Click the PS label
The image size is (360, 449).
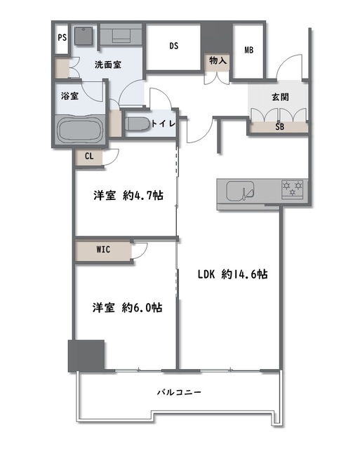point(62,37)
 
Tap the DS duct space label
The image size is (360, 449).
point(174,46)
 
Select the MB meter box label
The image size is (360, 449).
point(249,50)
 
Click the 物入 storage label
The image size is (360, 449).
point(218,61)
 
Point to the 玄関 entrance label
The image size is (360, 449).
point(280,98)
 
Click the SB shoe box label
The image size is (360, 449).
point(279,127)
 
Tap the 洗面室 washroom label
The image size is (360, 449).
point(108,65)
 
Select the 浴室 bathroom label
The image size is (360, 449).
point(69,95)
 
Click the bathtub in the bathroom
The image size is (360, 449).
point(79,129)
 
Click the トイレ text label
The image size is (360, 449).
point(163,123)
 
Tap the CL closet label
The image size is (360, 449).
point(89,156)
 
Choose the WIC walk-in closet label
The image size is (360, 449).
point(103,250)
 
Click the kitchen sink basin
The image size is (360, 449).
point(240,190)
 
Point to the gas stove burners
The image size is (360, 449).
point(293,189)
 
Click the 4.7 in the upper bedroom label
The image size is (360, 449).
point(143,196)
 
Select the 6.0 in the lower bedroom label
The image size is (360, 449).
point(142,308)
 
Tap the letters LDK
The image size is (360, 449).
point(206,274)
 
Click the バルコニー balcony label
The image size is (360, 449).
point(179,392)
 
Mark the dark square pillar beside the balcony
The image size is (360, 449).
point(86,356)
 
